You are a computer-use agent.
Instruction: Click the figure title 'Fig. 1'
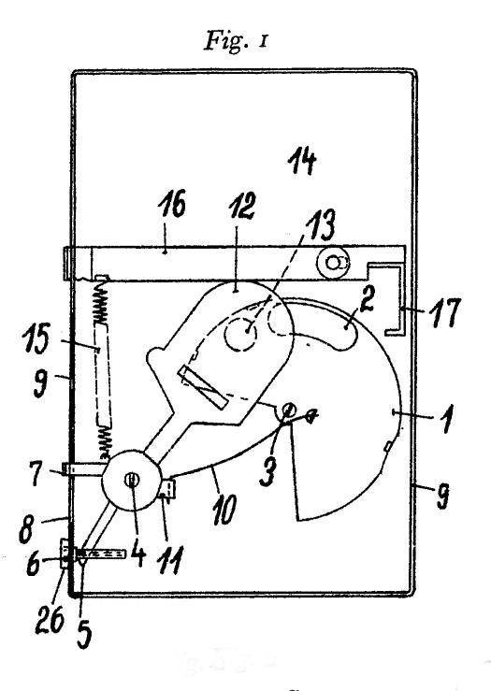236,41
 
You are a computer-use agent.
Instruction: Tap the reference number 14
302,161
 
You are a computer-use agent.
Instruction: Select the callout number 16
172,203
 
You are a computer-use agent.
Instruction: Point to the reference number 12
242,206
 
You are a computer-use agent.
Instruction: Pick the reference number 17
445,312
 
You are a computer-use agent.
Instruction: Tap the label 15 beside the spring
36,338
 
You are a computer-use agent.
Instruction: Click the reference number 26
50,618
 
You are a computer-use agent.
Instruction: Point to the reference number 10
224,509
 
